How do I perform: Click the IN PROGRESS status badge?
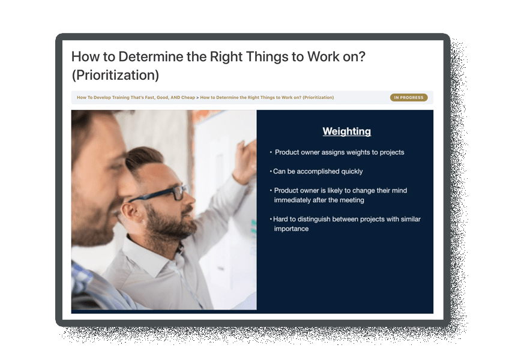[x=409, y=97]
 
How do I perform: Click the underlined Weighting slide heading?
[x=346, y=131]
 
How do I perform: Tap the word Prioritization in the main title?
[x=115, y=75]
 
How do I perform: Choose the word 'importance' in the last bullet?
[x=291, y=229]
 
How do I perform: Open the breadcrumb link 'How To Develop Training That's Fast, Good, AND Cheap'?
[x=136, y=97]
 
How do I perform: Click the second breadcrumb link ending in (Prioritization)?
[x=267, y=97]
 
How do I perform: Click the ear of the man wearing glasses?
[x=131, y=214]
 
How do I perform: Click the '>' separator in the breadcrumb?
[x=197, y=97]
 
